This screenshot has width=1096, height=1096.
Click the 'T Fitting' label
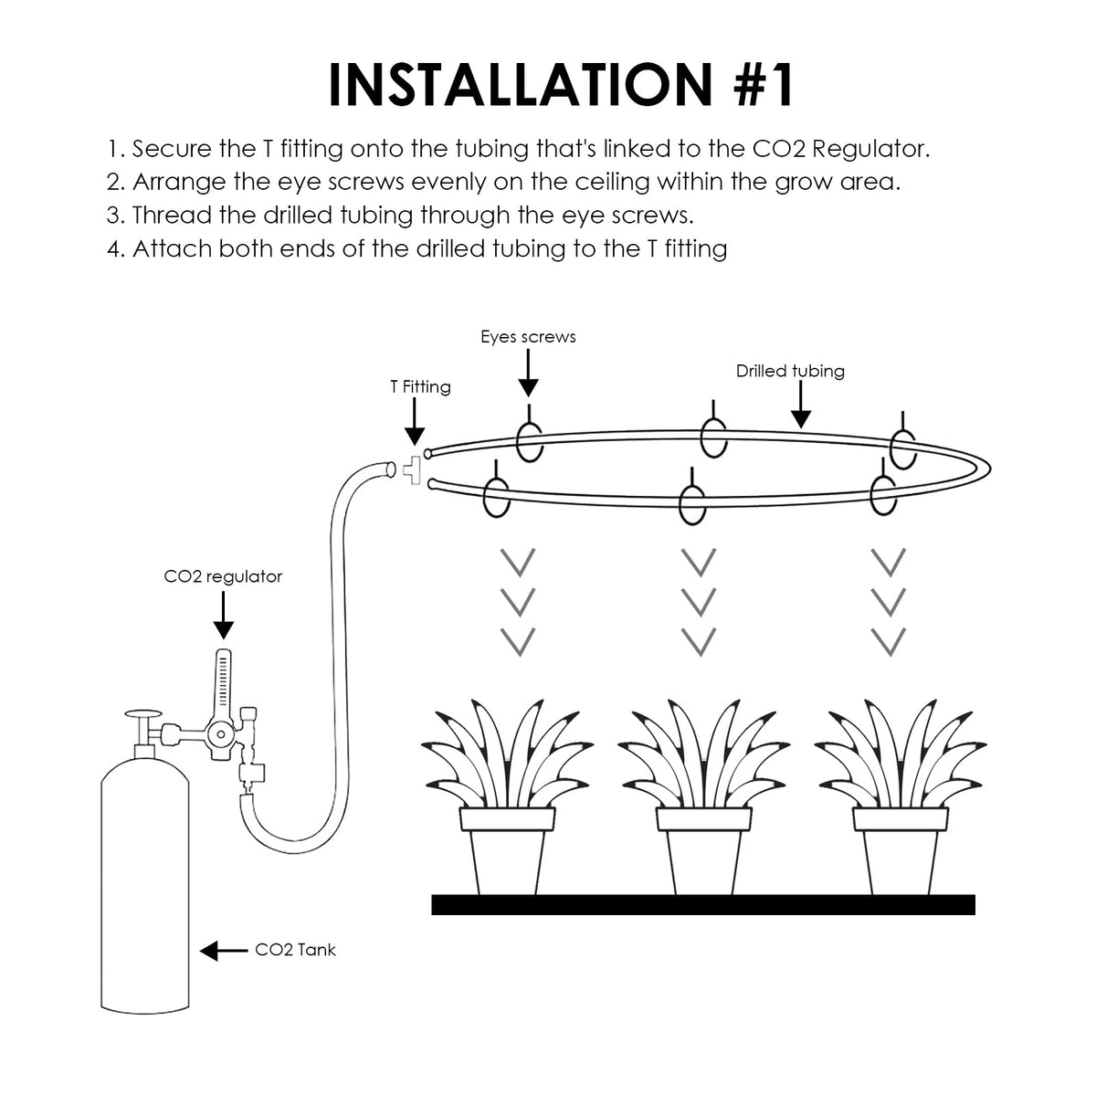(420, 387)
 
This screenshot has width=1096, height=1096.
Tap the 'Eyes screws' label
(528, 337)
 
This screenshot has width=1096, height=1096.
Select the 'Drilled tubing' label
(790, 371)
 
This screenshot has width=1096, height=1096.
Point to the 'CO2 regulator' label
(223, 577)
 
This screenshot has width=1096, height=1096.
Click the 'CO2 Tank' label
(295, 950)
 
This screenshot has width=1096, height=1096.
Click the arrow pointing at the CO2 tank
(223, 951)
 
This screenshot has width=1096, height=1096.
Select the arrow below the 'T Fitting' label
(414, 427)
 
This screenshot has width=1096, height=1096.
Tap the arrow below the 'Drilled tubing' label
(800, 406)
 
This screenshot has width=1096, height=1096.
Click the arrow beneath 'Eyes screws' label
(528, 374)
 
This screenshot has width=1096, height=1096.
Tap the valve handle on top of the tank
(142, 717)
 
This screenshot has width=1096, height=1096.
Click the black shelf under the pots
(703, 904)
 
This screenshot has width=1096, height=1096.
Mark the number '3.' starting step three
(115, 216)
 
